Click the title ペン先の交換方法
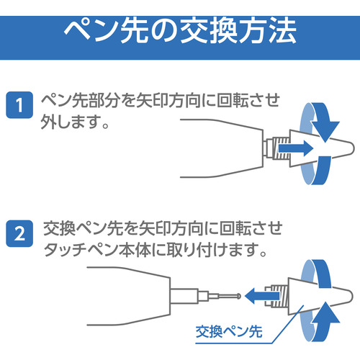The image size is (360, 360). (x=180, y=31)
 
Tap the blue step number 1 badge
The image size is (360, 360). (x=19, y=105)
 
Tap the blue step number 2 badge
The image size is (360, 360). (x=19, y=233)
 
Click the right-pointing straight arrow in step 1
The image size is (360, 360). (x=296, y=148)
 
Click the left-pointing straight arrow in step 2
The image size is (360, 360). (x=262, y=296)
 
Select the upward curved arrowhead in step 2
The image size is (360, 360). (x=325, y=312)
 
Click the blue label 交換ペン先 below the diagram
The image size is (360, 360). (x=229, y=332)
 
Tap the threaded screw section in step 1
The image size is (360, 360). (x=281, y=148)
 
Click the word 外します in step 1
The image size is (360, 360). (x=70, y=122)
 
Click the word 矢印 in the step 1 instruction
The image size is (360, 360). (x=152, y=101)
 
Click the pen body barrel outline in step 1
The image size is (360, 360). (x=263, y=148)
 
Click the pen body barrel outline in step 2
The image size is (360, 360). (x=170, y=296)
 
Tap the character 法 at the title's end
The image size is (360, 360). (x=282, y=31)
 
